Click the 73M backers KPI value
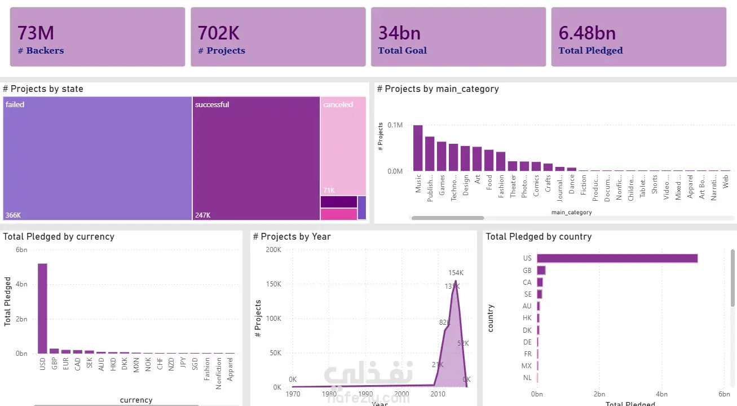pyautogui.click(x=36, y=33)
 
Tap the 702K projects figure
pyautogui.click(x=219, y=33)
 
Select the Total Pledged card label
pyautogui.click(x=590, y=51)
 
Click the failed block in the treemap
pyautogui.click(x=98, y=158)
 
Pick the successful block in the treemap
pyautogui.click(x=256, y=158)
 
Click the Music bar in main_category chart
pyautogui.click(x=418, y=148)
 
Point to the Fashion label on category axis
pyautogui.click(x=501, y=186)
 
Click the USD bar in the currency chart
pyautogui.click(x=42, y=308)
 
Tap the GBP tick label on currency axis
pyautogui.click(x=54, y=363)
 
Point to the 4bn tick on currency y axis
pyautogui.click(x=21, y=284)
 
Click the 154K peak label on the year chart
pyautogui.click(x=456, y=273)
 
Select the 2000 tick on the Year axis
pyautogui.click(x=401, y=394)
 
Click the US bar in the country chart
pyautogui.click(x=617, y=258)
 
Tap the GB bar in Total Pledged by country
pyautogui.click(x=541, y=270)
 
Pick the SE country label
pyautogui.click(x=527, y=294)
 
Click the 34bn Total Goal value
pyautogui.click(x=399, y=33)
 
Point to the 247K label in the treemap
pyautogui.click(x=202, y=215)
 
